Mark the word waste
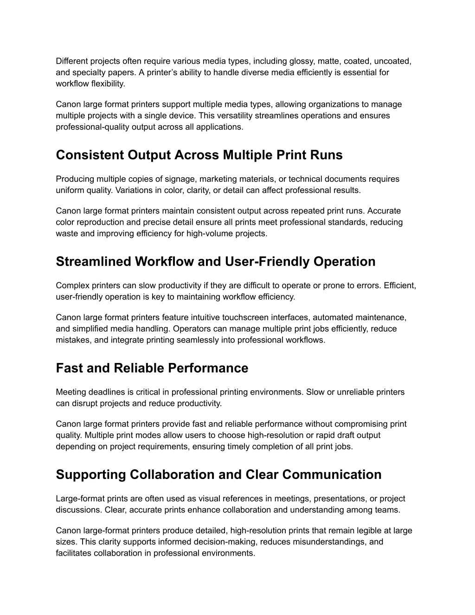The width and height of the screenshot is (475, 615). (x=67, y=233)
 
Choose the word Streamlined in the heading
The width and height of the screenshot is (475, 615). (x=93, y=262)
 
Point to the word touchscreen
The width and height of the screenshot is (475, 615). (x=248, y=317)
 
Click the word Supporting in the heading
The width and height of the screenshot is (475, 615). (x=91, y=475)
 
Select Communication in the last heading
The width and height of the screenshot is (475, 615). (x=332, y=475)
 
